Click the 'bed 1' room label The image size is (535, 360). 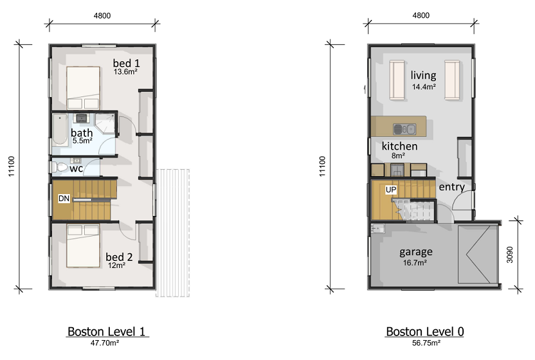pos(126,63)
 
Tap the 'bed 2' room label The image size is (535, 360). pos(119,256)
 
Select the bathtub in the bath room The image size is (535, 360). pos(60,130)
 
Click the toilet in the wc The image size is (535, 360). pos(59,167)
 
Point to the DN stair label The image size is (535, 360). pos(64,198)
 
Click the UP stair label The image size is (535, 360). pos(391,190)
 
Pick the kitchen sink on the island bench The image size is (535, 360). pos(404,129)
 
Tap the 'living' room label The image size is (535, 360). pos(423,75)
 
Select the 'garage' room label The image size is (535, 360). pos(416,252)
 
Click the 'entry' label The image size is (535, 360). pos(452,186)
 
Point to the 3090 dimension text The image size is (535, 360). pos(509,255)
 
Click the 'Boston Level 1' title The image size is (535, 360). pos(107,331)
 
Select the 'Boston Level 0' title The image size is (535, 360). pos(425,331)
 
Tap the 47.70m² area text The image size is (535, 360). pos(105,343)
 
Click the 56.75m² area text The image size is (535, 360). pos(426,343)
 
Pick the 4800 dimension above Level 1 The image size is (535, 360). pos(102,15)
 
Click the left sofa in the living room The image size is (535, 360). pos(397,80)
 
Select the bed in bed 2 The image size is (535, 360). pos(83,246)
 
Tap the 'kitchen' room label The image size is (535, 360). pos(399,146)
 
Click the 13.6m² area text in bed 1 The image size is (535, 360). pos(125,71)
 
